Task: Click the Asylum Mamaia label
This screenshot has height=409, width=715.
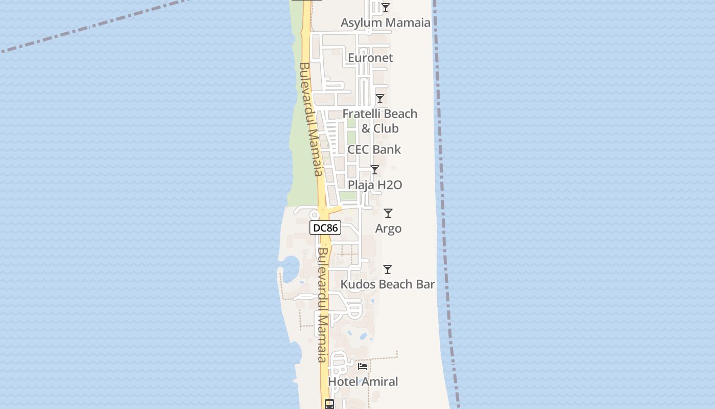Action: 385,22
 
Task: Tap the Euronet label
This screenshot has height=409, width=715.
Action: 370,58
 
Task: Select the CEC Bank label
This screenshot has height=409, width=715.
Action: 374,150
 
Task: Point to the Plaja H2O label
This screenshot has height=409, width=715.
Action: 375,185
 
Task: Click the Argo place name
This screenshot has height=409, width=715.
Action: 388,229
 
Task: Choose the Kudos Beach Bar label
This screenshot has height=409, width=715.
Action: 388,284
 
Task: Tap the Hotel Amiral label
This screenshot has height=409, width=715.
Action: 363,381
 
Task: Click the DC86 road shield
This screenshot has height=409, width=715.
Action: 325,228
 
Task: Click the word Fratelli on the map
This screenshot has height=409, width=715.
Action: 362,113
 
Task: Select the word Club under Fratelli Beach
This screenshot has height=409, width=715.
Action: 386,128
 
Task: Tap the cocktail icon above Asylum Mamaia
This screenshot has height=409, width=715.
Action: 386,7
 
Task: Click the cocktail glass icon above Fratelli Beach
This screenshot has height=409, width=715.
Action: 379,98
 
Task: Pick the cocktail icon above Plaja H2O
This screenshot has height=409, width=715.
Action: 375,169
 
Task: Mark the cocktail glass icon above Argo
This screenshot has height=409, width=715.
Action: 388,213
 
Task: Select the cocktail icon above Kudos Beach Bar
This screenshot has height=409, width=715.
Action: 388,269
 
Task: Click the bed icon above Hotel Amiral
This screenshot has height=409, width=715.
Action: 363,366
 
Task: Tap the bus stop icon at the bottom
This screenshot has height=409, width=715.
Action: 329,404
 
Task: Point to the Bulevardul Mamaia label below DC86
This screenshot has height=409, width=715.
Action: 323,305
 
